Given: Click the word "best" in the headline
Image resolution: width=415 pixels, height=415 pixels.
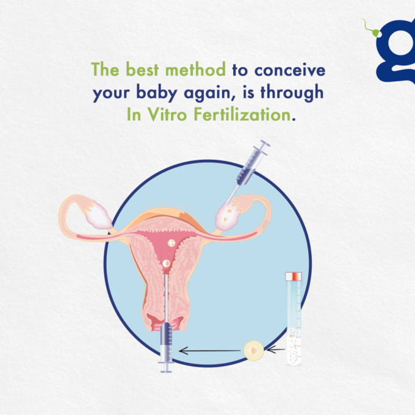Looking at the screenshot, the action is (142, 70).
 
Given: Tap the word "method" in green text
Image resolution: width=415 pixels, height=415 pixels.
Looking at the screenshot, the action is (195, 70).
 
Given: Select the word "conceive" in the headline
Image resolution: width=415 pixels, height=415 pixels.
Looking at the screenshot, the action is (290, 70).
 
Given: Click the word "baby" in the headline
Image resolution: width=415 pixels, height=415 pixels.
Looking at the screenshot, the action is (156, 93).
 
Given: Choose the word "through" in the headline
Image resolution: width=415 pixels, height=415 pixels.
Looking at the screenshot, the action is (292, 93).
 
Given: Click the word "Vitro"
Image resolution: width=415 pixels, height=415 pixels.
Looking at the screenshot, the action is (167, 115).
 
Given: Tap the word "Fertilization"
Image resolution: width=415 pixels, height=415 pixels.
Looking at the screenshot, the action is (242, 115).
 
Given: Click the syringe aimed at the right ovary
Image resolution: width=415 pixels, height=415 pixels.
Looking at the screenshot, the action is (248, 171).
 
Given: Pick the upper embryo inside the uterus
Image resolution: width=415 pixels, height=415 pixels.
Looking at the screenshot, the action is (171, 243).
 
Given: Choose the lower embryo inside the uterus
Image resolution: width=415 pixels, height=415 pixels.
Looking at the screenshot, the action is (166, 264).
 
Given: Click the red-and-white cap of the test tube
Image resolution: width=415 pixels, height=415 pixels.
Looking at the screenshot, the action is (294, 276).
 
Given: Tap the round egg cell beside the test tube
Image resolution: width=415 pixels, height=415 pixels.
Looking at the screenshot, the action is (253, 351).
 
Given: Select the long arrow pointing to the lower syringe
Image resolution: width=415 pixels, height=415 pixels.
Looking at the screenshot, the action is (209, 351).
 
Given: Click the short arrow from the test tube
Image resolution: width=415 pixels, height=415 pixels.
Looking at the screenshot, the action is (275, 350).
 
